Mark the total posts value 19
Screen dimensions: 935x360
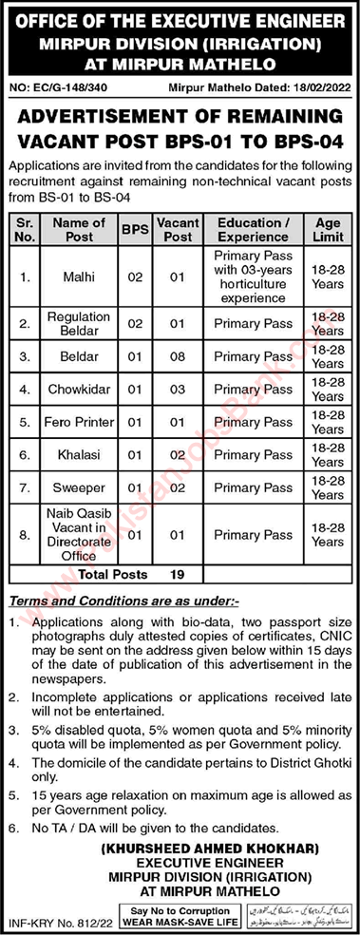(176, 574)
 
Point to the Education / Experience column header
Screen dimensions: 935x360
(252, 229)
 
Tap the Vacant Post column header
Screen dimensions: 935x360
(176, 229)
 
